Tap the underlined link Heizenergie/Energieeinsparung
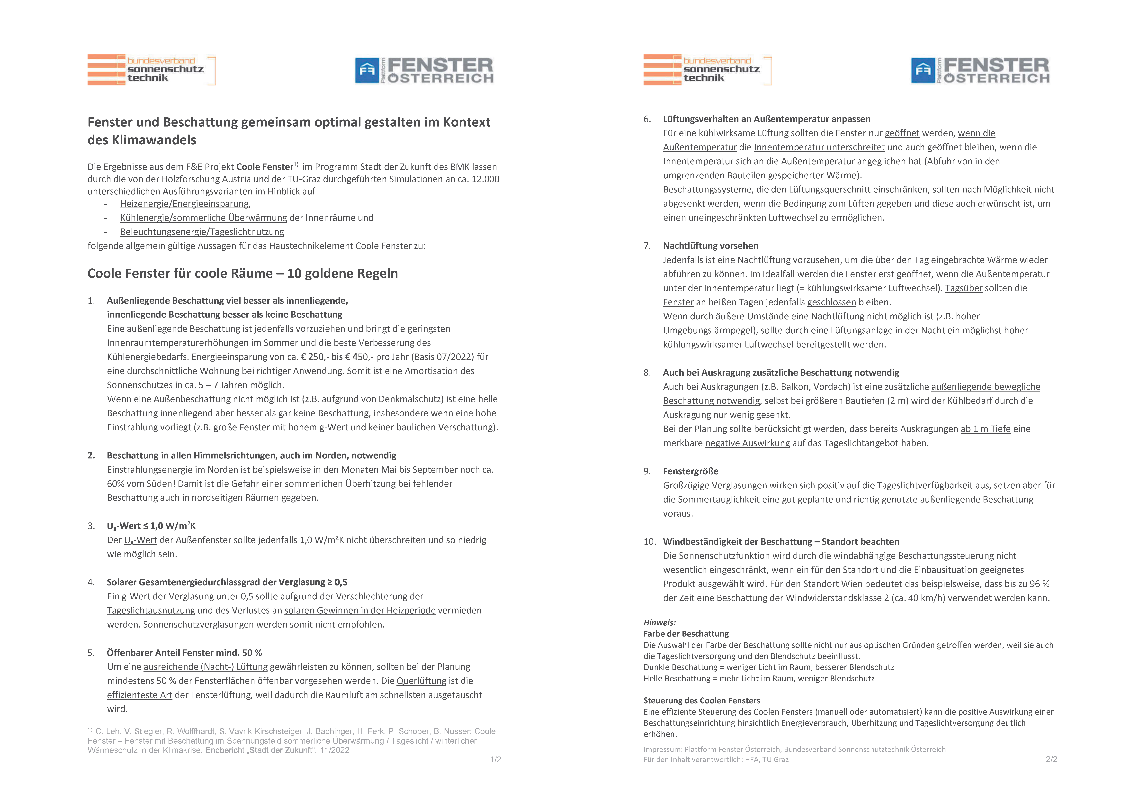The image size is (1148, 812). (x=184, y=204)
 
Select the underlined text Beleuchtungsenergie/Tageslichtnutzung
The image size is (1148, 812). (x=202, y=232)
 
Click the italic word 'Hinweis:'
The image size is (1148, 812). (x=659, y=622)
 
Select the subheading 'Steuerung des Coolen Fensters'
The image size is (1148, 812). (x=701, y=700)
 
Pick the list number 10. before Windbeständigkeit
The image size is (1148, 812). (x=649, y=542)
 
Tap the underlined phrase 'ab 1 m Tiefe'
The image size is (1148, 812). (x=985, y=429)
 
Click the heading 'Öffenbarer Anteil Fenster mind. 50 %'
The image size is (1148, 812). (x=184, y=653)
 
